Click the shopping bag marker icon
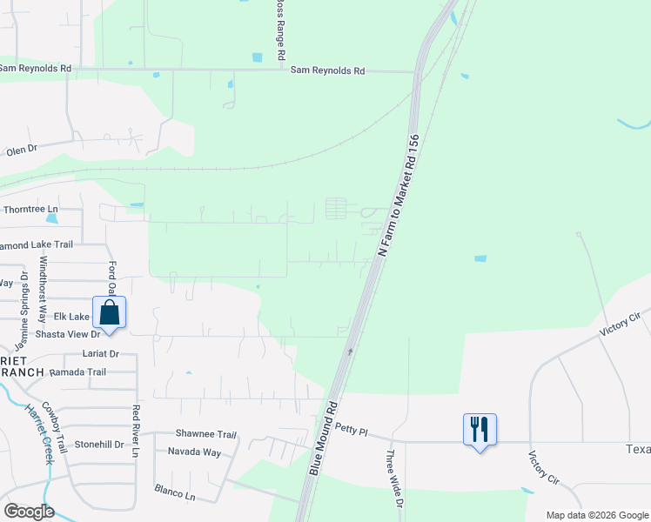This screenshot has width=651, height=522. [109, 313]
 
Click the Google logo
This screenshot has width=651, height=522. [29, 512]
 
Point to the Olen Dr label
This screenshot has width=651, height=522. [22, 150]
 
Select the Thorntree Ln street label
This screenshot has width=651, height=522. [30, 210]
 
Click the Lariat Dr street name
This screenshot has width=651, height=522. [101, 355]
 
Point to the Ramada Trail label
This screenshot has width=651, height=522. [77, 372]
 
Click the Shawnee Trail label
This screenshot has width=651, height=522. [206, 434]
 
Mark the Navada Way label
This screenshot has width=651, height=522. [199, 452]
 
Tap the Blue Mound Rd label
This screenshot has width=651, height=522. [321, 438]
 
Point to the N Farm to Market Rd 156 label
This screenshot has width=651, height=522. [399, 195]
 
